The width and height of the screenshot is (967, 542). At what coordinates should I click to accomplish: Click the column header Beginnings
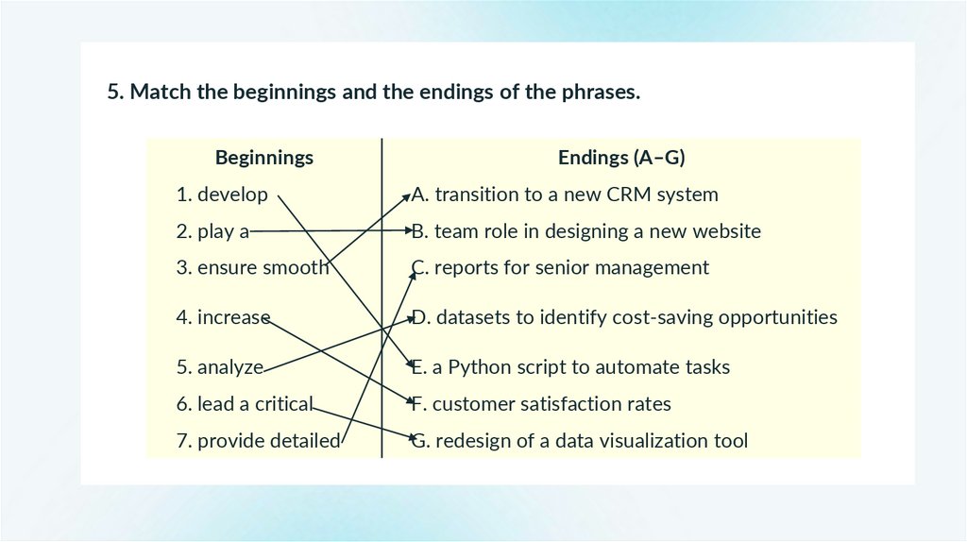264,158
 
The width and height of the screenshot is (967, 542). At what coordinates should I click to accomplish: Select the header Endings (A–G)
621,158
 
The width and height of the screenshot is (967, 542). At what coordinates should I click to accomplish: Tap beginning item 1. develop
222,195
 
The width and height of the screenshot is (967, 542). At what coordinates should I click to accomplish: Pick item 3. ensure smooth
252,267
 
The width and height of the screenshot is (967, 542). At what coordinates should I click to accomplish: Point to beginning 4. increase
223,317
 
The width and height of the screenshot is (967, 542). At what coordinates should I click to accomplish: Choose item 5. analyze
219,366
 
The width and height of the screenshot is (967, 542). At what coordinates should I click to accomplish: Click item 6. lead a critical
244,404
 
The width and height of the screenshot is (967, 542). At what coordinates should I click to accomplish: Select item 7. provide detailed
258,441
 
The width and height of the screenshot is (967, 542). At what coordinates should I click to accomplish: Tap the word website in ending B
726,231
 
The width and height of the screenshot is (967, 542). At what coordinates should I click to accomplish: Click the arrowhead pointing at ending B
407,229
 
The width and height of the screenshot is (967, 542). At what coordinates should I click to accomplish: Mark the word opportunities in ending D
777,317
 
